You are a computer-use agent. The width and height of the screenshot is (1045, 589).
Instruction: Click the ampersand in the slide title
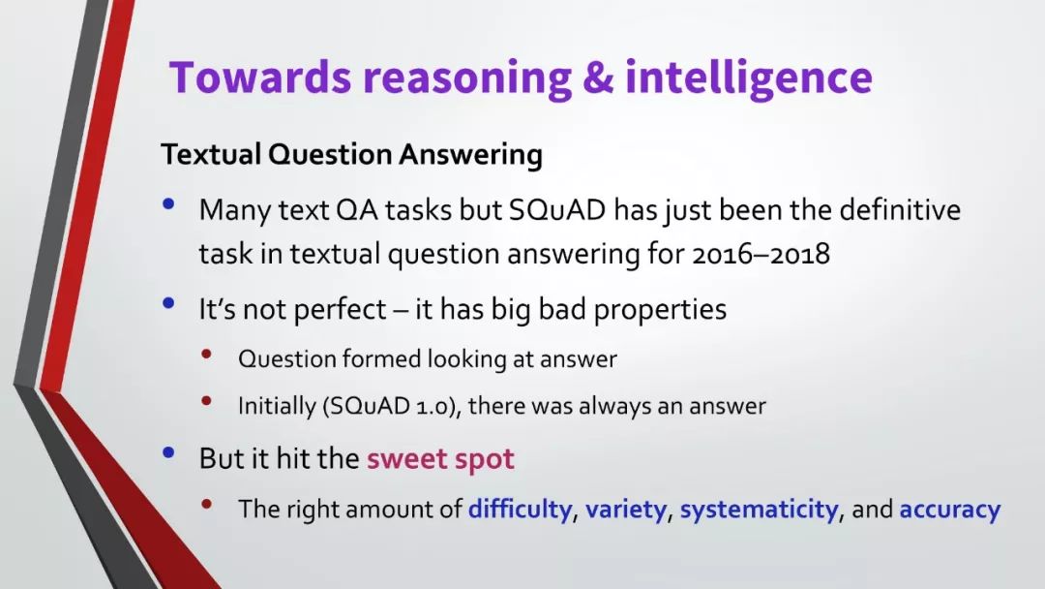coord(598,77)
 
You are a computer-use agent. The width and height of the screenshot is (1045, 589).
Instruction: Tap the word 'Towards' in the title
coord(260,76)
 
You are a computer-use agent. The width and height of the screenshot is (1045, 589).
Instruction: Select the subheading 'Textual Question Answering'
coord(352,155)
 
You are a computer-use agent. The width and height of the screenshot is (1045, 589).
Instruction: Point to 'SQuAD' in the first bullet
coord(557,210)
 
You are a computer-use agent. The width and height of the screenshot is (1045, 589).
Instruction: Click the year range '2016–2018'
coord(761,254)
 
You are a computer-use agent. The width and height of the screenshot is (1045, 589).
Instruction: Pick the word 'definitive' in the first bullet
coord(900,209)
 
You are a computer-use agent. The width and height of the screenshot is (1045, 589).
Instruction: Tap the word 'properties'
coord(660,309)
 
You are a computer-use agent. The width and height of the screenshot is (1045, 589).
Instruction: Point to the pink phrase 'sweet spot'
coord(440,459)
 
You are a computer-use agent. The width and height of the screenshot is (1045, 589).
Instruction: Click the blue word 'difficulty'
coord(520,510)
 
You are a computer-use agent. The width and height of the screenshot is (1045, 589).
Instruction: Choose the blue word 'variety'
coord(626,510)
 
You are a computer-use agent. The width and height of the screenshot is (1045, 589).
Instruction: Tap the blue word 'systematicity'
coord(760,510)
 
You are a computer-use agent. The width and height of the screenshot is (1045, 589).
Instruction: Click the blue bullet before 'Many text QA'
coord(168,203)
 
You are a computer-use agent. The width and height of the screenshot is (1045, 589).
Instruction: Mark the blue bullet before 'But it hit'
coord(168,453)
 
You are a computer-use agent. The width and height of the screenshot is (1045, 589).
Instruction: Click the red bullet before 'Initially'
coord(207,401)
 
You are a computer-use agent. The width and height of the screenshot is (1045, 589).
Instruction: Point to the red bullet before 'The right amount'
coord(207,505)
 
